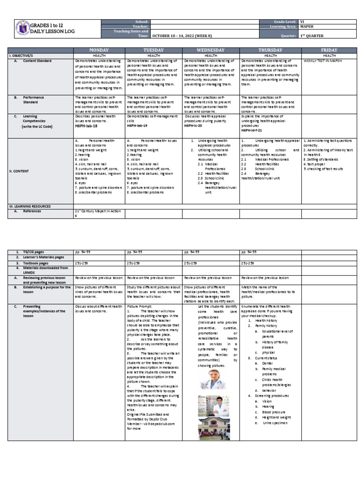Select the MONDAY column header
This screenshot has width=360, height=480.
point(99,50)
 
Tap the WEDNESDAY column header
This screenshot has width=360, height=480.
point(210,50)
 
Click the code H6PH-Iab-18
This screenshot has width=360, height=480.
point(87,126)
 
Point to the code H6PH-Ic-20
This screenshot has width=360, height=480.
point(195,126)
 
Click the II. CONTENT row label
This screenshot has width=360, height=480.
point(22,171)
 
